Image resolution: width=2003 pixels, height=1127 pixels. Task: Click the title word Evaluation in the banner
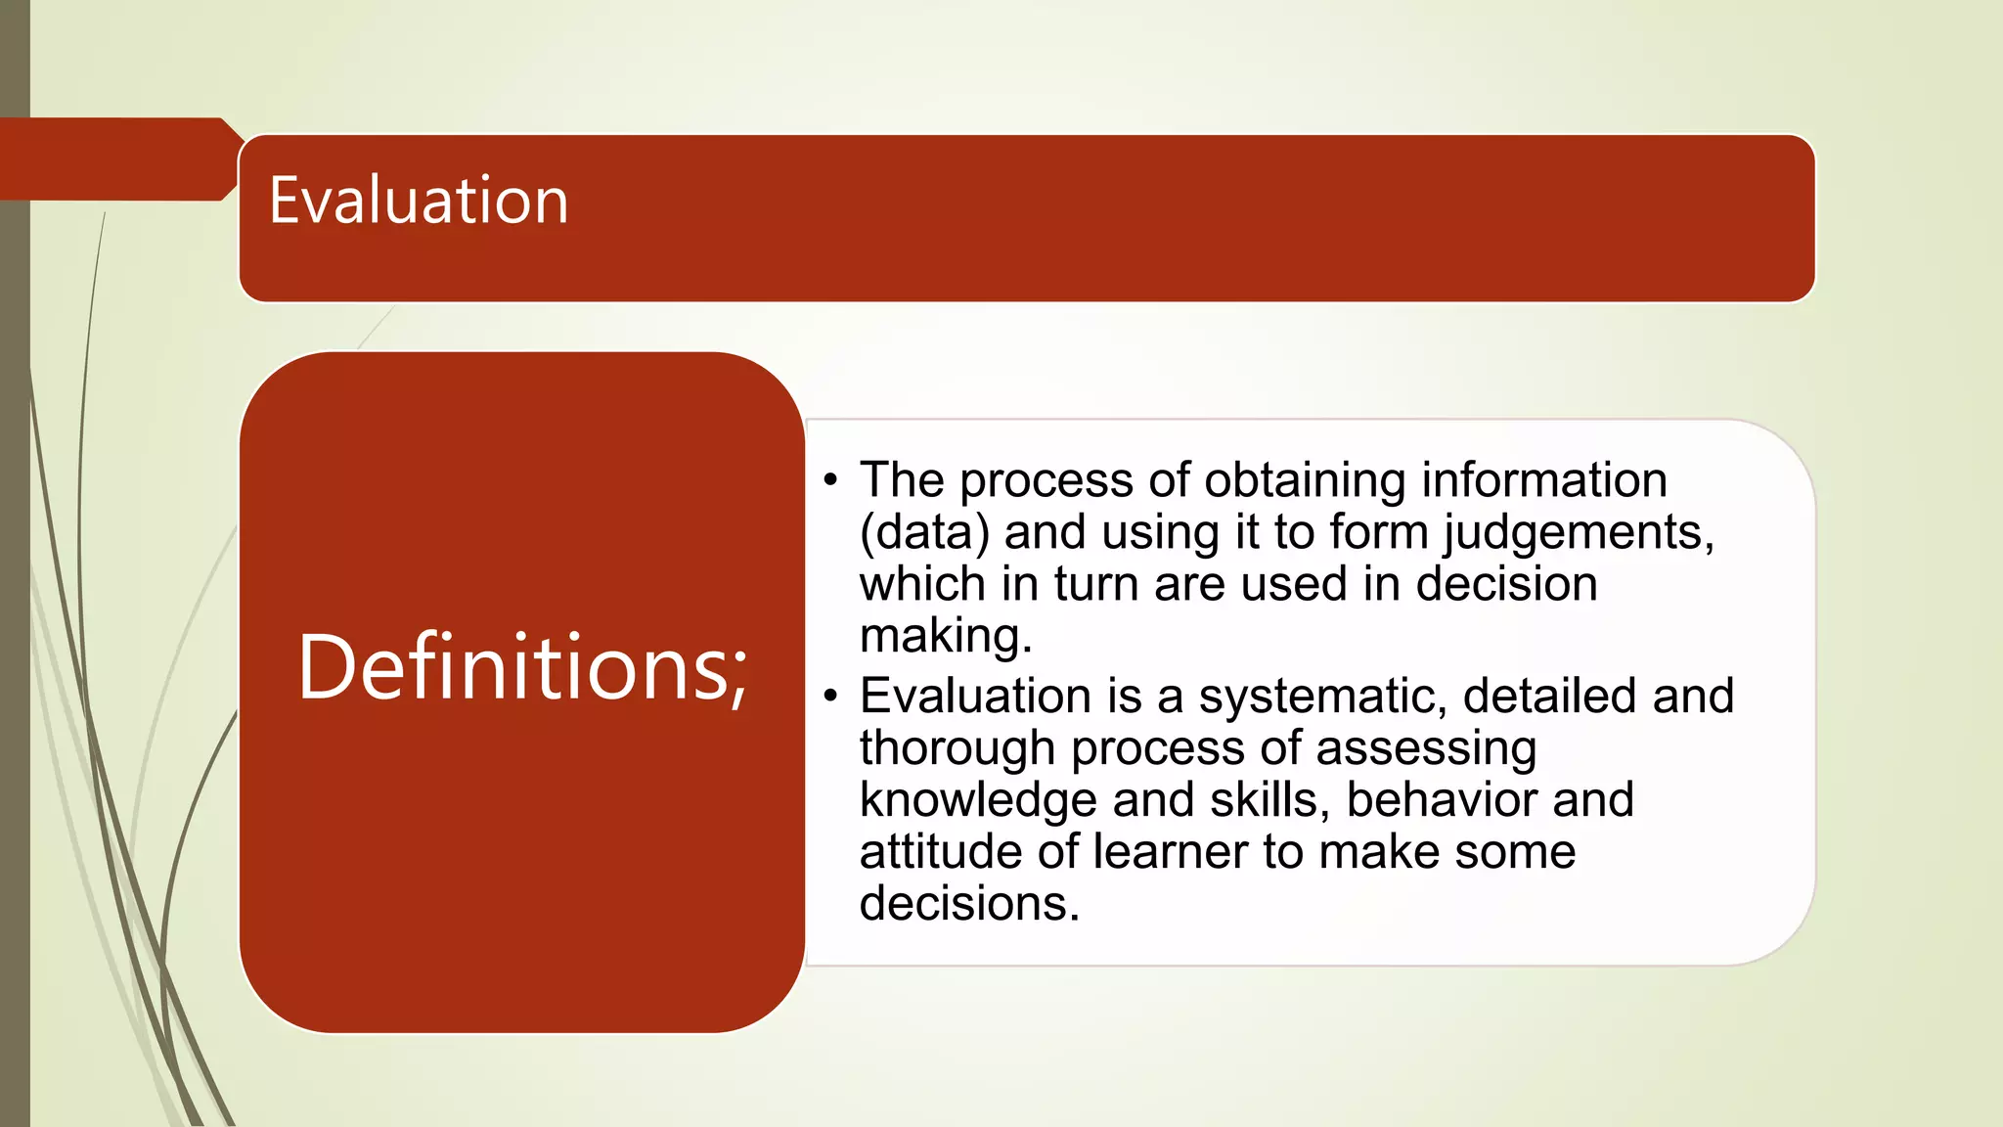tap(419, 201)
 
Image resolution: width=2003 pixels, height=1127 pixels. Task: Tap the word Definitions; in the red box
tap(522, 667)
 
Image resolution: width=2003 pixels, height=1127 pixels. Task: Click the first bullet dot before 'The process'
tap(831, 480)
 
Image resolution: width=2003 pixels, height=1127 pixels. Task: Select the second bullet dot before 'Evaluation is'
tap(831, 697)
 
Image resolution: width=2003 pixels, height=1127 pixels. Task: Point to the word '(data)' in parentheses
tap(924, 533)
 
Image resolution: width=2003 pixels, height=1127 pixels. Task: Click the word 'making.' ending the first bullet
tap(946, 636)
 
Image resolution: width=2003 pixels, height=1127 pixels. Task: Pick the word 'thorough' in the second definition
tap(957, 748)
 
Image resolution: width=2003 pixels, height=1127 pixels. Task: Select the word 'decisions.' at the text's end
tap(969, 903)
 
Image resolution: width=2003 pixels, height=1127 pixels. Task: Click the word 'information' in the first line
tap(1543, 480)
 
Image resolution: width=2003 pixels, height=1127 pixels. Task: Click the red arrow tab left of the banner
tap(117, 159)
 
